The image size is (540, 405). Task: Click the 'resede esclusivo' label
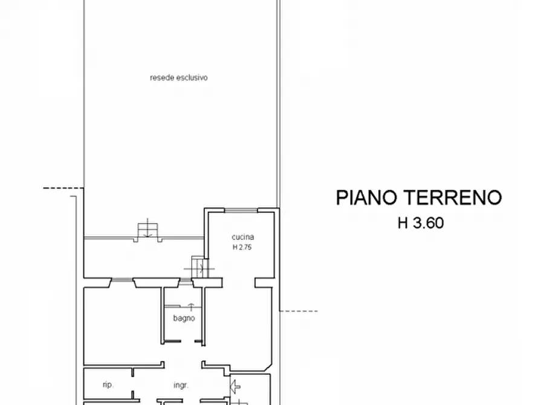coord(179,77)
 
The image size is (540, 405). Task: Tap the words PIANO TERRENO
coord(419,198)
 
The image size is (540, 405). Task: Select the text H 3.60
coord(421,223)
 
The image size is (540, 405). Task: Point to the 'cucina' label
coord(243,237)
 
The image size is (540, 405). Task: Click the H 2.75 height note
coord(242,247)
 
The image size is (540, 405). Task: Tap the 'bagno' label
coord(184,319)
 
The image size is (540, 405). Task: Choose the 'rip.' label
coord(108,384)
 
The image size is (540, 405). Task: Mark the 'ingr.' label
coord(181,386)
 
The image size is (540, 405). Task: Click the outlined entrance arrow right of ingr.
coord(235,386)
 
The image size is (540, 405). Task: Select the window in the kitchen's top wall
coord(241,210)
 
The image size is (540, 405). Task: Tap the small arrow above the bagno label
coord(191,307)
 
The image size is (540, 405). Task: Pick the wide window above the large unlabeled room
coord(122,280)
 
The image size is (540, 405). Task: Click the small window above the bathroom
coord(186,283)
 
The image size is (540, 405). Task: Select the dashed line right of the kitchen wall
coord(299,311)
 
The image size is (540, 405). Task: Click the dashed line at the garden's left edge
coord(63,188)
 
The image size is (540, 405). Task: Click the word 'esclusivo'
coord(192,77)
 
